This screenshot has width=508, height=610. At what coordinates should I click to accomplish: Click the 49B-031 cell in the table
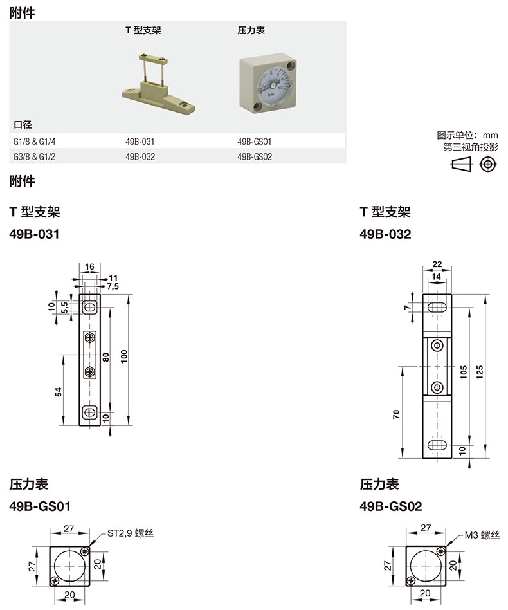(x=140, y=141)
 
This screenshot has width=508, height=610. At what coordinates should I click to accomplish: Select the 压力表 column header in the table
(x=251, y=30)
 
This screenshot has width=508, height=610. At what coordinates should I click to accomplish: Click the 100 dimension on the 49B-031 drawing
(x=132, y=356)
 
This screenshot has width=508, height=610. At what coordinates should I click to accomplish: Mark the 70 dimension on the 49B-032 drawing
(x=397, y=414)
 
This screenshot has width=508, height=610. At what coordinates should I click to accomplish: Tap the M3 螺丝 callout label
(x=482, y=535)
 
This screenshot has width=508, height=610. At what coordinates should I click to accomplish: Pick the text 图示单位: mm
(x=467, y=135)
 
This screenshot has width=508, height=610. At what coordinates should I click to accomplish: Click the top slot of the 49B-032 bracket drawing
(x=437, y=310)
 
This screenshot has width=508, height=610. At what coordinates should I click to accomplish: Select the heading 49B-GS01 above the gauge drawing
(x=40, y=506)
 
